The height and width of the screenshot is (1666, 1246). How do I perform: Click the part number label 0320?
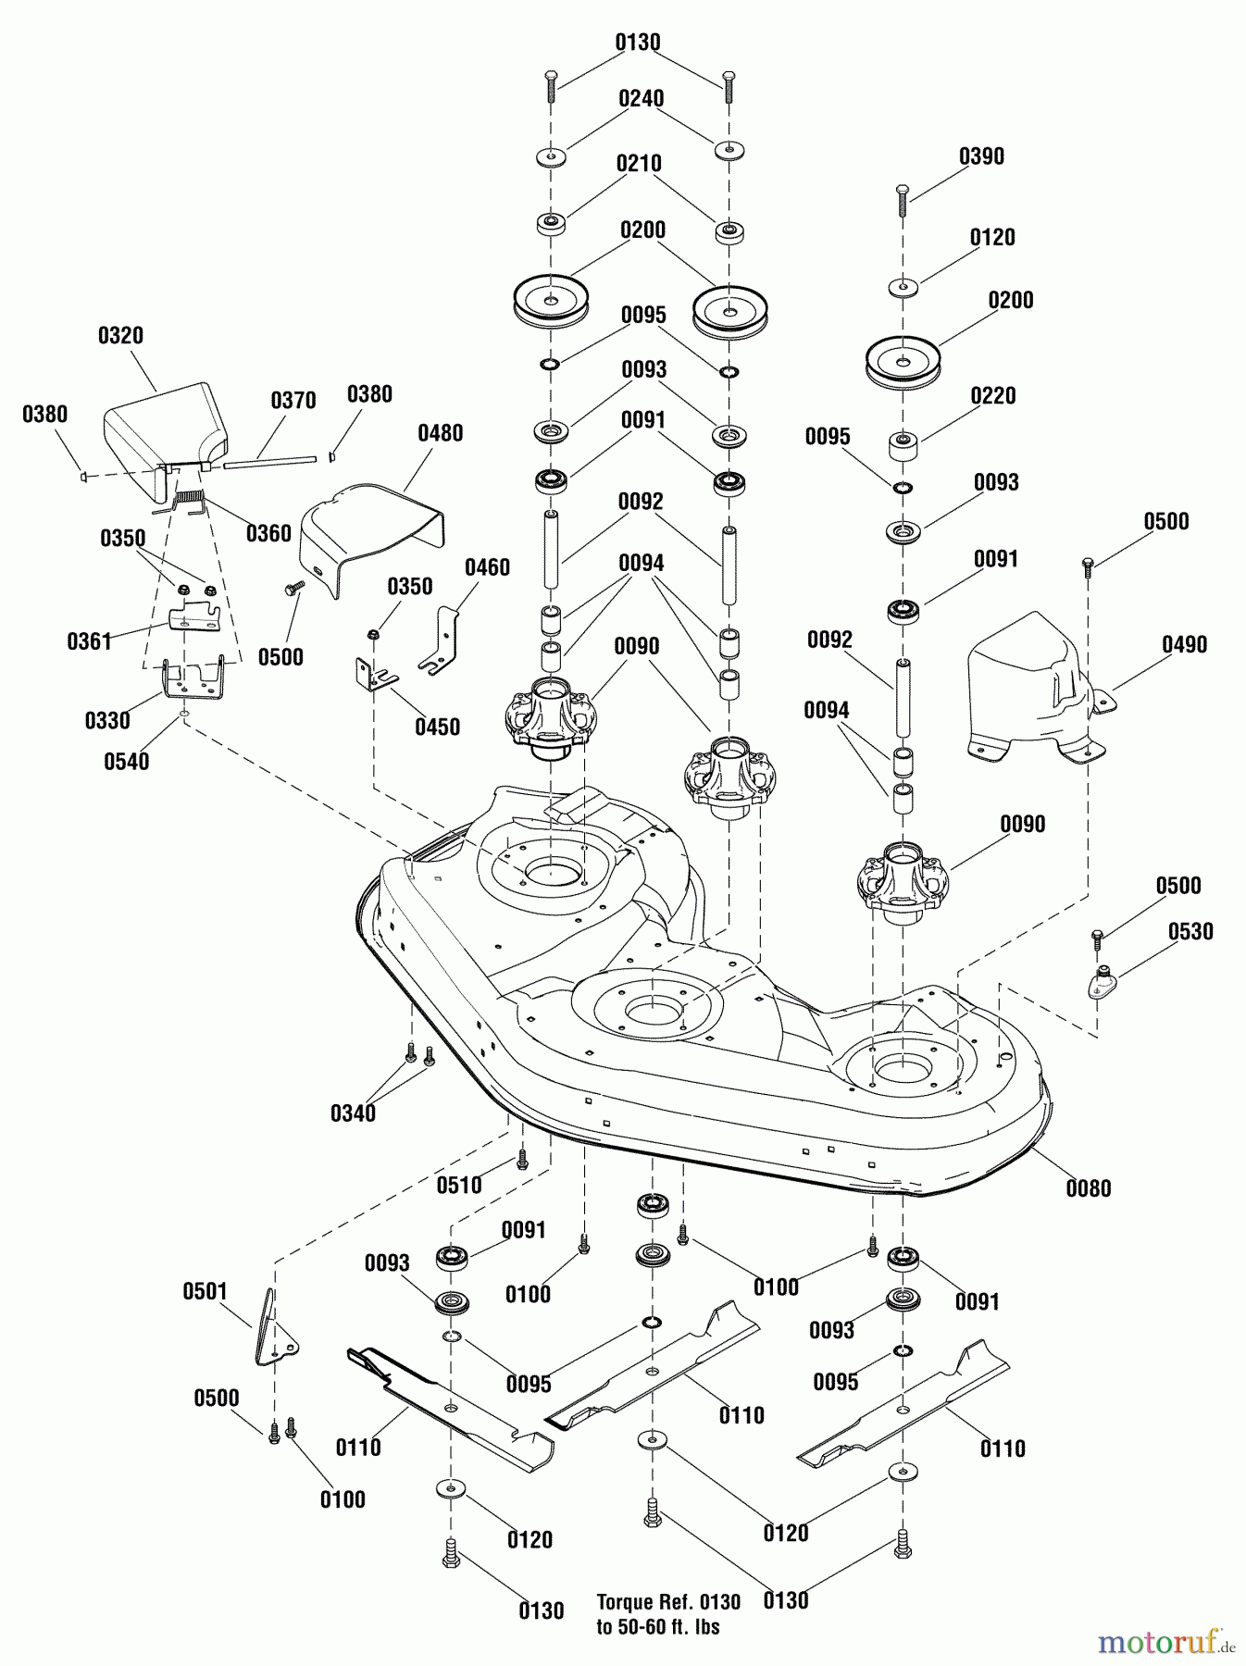(x=120, y=335)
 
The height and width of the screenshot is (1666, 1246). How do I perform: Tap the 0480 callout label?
(x=440, y=432)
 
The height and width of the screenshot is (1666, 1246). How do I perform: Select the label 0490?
(x=1185, y=644)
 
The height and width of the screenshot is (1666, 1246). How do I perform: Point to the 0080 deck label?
(x=1088, y=1187)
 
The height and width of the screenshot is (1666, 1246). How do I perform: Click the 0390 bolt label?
(x=981, y=155)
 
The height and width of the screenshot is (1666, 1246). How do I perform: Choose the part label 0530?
(x=1190, y=931)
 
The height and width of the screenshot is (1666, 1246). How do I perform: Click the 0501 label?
(x=205, y=1290)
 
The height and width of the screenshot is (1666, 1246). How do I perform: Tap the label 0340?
(x=353, y=1113)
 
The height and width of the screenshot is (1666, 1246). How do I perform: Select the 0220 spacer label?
(x=992, y=395)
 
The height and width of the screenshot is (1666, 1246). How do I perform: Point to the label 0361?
(x=89, y=640)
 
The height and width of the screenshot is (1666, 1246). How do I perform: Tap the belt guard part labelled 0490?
(x=1028, y=694)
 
